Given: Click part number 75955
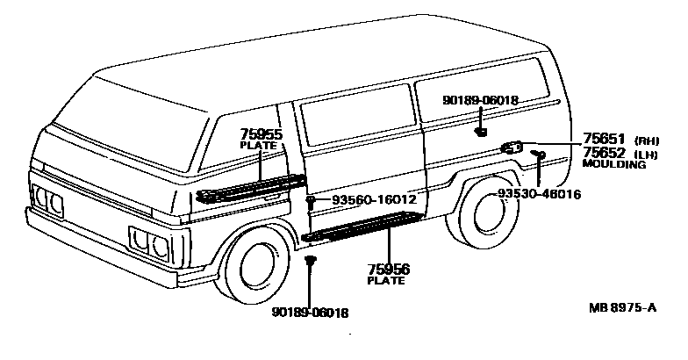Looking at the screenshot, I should click(x=261, y=135).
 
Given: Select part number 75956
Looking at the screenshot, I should click(x=388, y=270).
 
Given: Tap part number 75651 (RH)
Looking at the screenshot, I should click(x=604, y=139).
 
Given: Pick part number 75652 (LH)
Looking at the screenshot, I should click(x=604, y=152).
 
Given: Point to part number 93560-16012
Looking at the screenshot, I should click(x=373, y=201).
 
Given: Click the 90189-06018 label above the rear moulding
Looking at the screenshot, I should click(x=479, y=100).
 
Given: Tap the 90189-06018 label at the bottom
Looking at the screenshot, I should click(x=310, y=313).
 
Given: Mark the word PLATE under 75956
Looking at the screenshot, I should click(x=387, y=281).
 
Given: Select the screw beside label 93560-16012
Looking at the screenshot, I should click(x=312, y=203).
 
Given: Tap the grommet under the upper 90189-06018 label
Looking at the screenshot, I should click(x=481, y=132).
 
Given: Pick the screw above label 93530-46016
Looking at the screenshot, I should click(x=540, y=155).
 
